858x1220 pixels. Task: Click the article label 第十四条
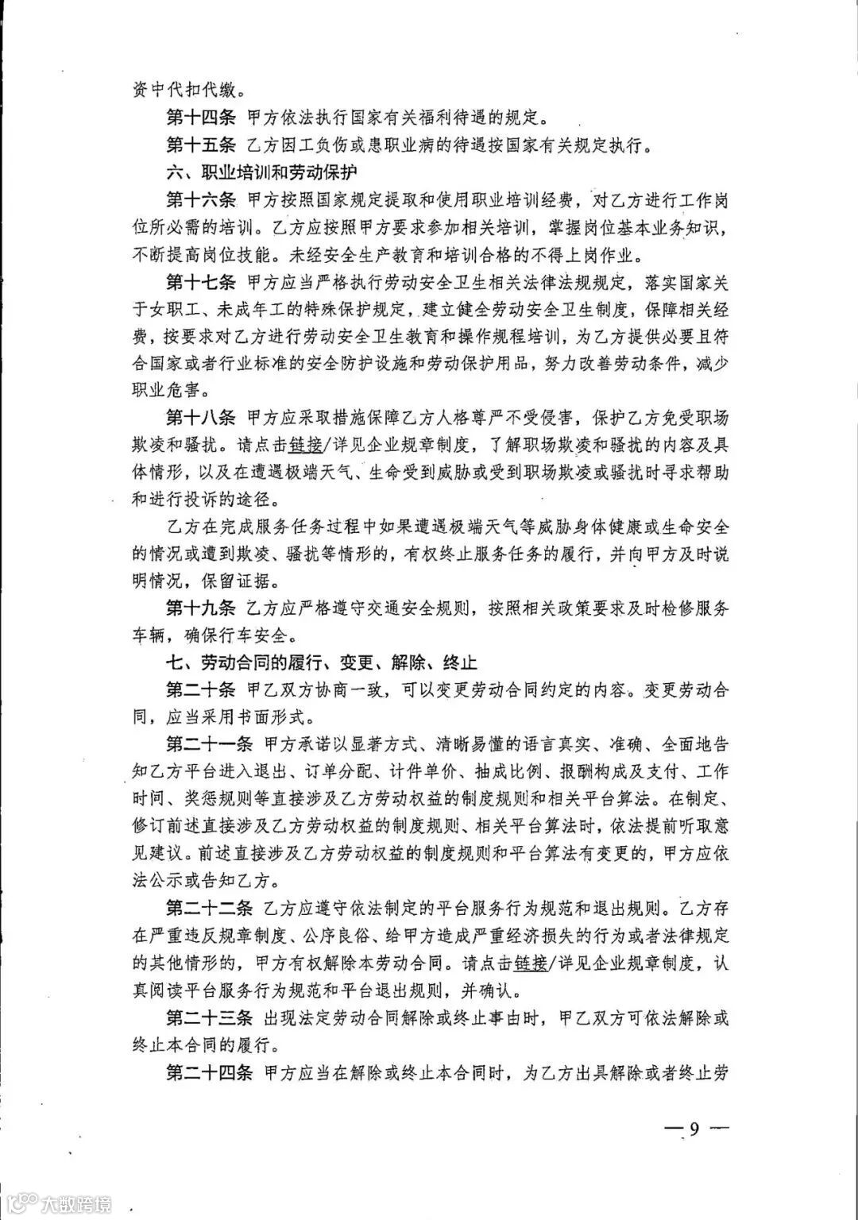(x=201, y=119)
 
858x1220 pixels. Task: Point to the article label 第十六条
(x=201, y=199)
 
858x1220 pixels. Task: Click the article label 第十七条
(x=201, y=281)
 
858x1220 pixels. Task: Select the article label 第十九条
(x=201, y=608)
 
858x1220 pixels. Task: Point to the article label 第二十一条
(x=209, y=744)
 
